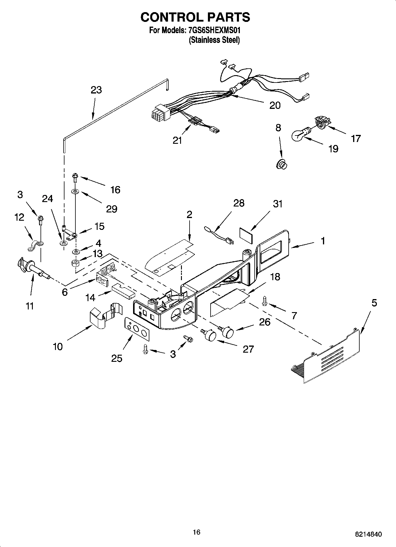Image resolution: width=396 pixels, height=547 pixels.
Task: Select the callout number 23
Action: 96,90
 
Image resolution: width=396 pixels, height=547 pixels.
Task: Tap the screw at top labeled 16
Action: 75,178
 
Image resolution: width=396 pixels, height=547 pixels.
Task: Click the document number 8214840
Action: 368,534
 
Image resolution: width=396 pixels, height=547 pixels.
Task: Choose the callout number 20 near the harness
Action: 275,106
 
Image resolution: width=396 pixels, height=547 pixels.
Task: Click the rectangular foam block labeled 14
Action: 123,291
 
